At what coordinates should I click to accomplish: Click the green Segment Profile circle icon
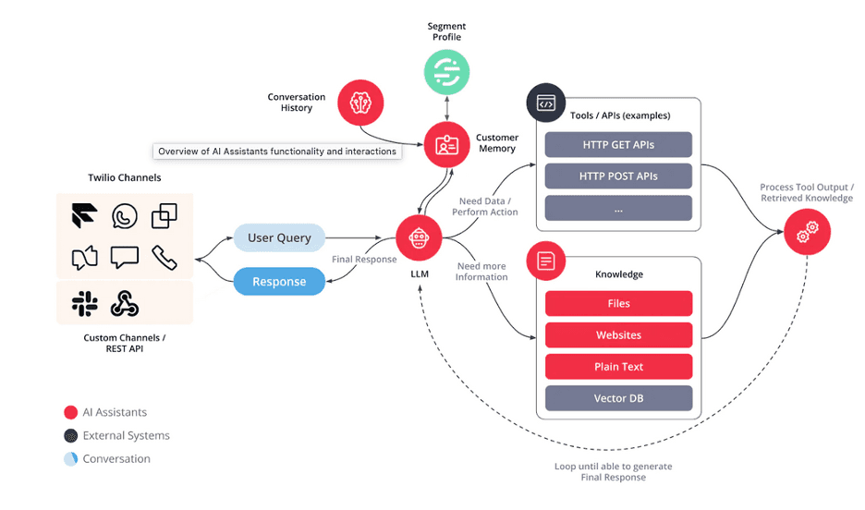446,71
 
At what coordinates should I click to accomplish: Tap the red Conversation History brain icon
360,102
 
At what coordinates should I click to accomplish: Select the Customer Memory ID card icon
446,144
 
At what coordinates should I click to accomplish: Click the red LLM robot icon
420,238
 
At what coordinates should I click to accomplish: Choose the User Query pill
279,237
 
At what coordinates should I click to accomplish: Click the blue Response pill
279,282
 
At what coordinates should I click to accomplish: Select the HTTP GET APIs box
618,145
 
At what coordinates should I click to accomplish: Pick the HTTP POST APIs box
618,176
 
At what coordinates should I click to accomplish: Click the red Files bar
618,303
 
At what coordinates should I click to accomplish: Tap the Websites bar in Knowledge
618,334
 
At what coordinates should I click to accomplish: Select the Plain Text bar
618,367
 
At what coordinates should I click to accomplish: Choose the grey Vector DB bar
618,398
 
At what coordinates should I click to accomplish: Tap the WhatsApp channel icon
125,216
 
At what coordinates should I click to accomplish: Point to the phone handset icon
164,258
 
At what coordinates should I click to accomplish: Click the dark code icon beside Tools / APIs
545,103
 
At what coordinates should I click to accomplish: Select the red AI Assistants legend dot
71,412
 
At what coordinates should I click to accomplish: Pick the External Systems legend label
127,435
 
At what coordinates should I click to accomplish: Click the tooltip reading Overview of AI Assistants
277,152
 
